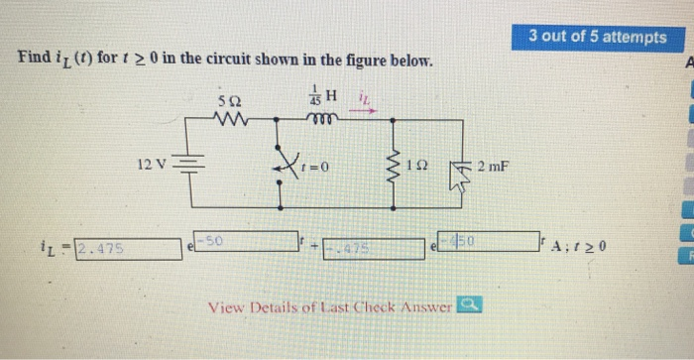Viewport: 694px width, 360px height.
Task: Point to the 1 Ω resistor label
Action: click(422, 165)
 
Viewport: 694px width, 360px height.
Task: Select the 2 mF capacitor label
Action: click(492, 165)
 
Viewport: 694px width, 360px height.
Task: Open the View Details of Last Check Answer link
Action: click(329, 306)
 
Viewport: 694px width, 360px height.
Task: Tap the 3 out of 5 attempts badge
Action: click(598, 37)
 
